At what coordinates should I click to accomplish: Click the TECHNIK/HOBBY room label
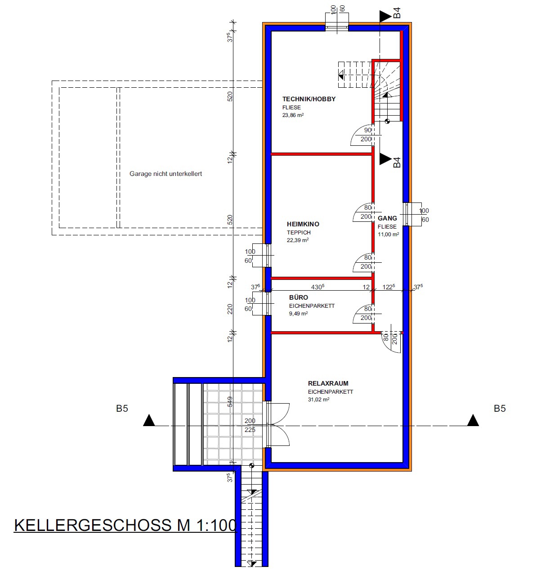tap(309, 99)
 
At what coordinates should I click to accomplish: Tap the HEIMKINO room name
tap(303, 224)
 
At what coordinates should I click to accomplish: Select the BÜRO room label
tap(299, 297)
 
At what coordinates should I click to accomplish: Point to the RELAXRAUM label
tap(328, 383)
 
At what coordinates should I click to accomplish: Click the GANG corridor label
tap(387, 218)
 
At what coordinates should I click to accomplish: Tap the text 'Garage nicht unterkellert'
tap(165, 174)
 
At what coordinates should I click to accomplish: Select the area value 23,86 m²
tap(293, 115)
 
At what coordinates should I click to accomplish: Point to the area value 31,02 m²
tap(318, 400)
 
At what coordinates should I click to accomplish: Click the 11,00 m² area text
tap(388, 234)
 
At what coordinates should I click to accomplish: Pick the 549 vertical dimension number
tap(230, 401)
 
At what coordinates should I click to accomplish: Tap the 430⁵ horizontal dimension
tap(317, 287)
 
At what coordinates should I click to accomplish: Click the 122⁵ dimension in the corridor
tap(389, 287)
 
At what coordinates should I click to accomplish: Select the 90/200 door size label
tap(367, 135)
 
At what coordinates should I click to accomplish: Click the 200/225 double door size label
tap(250, 425)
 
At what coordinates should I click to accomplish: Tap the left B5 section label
tap(122, 409)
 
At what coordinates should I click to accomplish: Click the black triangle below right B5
tap(473, 420)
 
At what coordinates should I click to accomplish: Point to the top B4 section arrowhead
tap(386, 16)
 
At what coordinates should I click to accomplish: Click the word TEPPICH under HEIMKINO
tap(299, 233)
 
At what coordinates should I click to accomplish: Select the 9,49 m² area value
tap(299, 313)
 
